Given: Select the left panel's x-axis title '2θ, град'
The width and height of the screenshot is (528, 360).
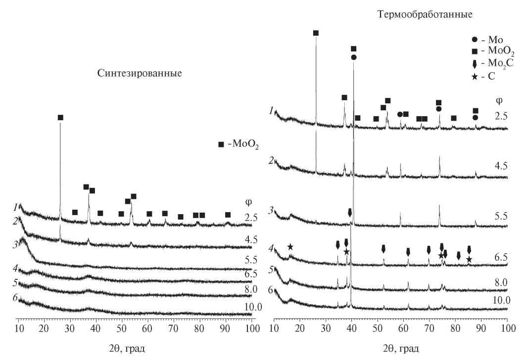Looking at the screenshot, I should pos(128,349).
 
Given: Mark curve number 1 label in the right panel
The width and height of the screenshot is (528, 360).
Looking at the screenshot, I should pos(272,111).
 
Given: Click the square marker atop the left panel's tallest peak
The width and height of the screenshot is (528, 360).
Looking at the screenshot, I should pos(60,118).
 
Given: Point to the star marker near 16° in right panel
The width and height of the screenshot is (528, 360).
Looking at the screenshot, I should pos(290,247).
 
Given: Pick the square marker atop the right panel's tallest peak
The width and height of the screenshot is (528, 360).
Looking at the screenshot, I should pos(316,33).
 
